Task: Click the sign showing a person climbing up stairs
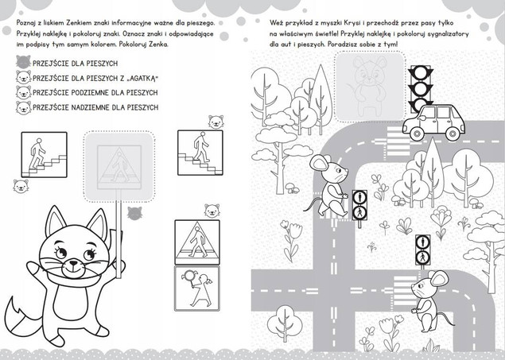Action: click(x=44, y=154)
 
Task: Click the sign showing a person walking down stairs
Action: click(x=200, y=153)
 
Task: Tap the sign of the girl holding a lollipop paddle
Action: click(x=197, y=288)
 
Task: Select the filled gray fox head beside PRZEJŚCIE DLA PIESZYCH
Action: click(x=24, y=62)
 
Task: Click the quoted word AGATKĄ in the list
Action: click(x=141, y=78)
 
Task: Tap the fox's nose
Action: click(x=74, y=263)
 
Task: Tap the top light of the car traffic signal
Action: click(x=421, y=73)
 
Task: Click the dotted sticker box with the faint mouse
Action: click(x=370, y=86)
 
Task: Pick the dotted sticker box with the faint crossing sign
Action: click(x=119, y=166)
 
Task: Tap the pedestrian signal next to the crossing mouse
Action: click(x=359, y=205)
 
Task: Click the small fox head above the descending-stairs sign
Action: click(x=216, y=122)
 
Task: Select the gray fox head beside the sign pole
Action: click(x=134, y=213)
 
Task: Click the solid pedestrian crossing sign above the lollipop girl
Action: click(x=197, y=242)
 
